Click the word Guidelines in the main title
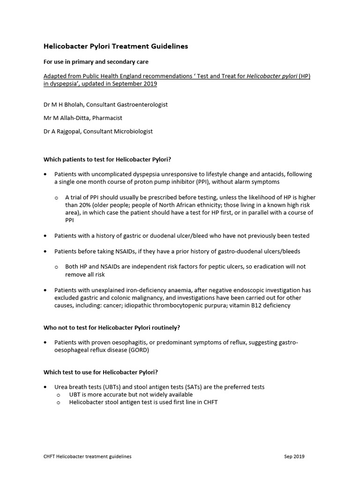[x=169, y=46]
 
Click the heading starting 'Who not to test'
[x=112, y=327]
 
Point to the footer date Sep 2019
[x=294, y=456]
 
